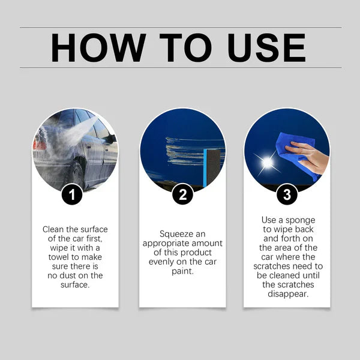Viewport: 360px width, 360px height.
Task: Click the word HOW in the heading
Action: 98,47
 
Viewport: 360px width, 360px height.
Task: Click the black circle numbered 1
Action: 75,194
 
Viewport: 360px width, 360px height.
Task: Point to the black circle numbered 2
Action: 182,194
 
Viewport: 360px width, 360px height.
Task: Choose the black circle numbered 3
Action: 287,194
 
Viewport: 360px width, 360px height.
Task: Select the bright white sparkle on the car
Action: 267,162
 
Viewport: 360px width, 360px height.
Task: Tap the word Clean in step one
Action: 53,229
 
